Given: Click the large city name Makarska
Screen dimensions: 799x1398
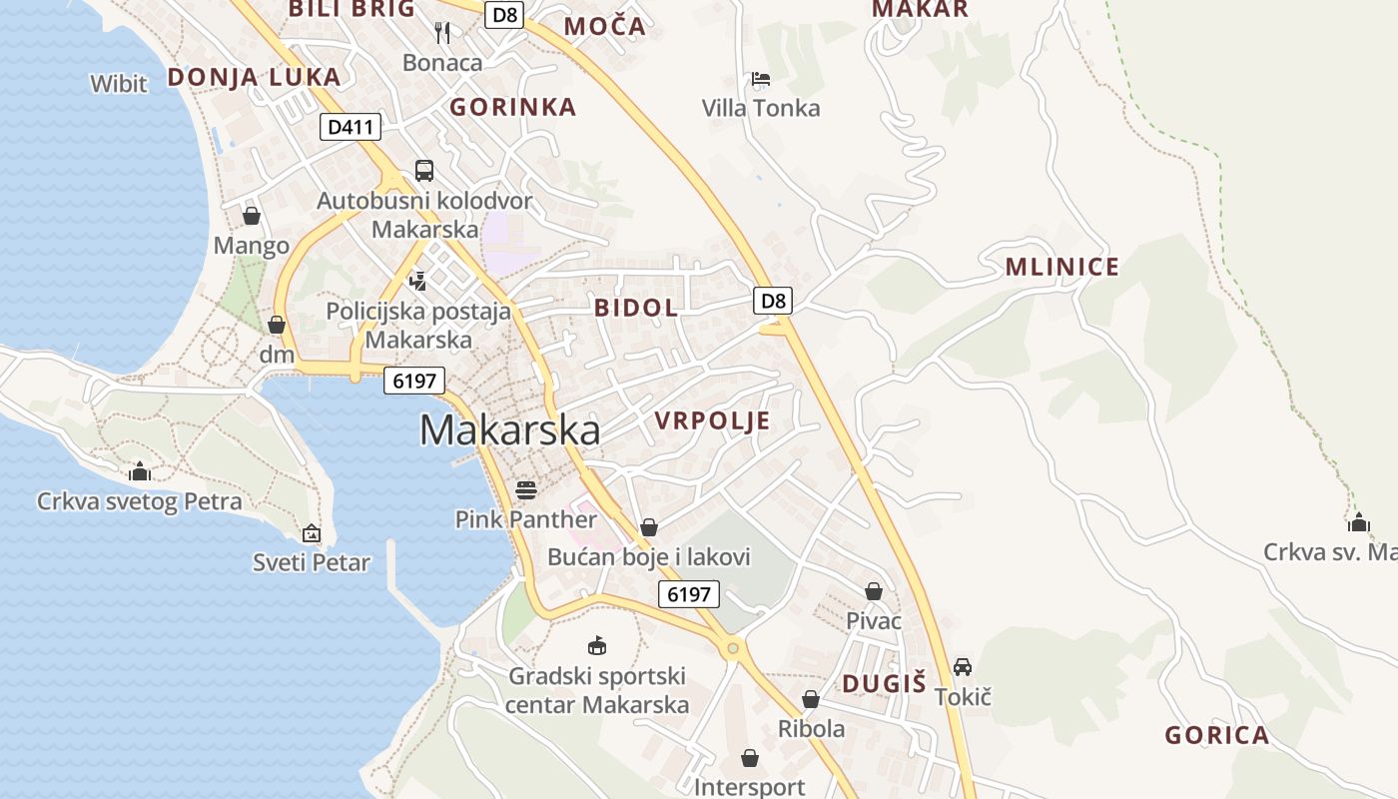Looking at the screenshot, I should [x=509, y=430].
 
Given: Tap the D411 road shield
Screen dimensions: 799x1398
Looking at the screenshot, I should [x=349, y=127].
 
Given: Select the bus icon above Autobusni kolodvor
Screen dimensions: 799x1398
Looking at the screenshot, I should [x=424, y=170].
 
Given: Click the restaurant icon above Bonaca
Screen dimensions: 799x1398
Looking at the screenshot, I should [x=442, y=33].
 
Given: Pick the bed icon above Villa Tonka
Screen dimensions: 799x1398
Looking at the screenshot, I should [x=761, y=79].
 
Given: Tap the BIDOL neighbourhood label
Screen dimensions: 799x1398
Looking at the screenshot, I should [x=636, y=308].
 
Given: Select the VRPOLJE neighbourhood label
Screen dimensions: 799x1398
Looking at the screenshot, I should [x=713, y=420].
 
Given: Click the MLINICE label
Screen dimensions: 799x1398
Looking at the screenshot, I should [x=1062, y=267].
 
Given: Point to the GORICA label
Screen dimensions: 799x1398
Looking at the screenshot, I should [x=1216, y=736].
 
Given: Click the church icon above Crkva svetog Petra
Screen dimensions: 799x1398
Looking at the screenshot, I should [x=140, y=470].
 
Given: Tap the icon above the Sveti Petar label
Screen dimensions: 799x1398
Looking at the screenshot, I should [x=312, y=533].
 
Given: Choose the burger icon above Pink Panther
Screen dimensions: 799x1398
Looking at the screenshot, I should [x=526, y=489].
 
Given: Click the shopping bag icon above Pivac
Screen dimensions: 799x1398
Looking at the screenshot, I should [x=874, y=591].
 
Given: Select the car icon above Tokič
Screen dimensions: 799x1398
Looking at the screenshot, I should [x=963, y=666].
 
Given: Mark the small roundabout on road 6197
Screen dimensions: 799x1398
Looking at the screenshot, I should [x=733, y=648].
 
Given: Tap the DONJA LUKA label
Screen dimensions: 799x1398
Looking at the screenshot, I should [x=254, y=77].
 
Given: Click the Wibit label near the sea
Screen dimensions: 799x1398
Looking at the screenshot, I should [x=119, y=84].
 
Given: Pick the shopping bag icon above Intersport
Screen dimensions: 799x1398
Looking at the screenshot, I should [x=750, y=758].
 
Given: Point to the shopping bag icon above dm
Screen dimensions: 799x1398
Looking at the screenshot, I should [x=277, y=325].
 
